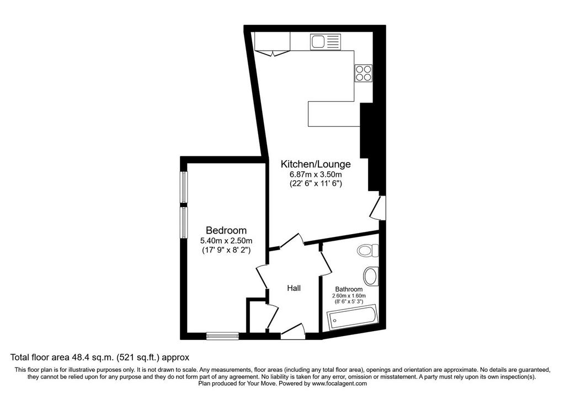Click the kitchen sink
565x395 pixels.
coord(326,42)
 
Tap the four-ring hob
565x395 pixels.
coord(363,73)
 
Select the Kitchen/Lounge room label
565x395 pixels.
coord(316,164)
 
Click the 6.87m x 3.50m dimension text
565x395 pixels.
coord(316,175)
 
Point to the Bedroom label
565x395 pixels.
coord(226,230)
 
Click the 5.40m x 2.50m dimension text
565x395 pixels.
coord(226,241)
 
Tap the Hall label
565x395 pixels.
coord(294,288)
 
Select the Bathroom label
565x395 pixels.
coord(349,289)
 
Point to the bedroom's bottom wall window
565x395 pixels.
coord(223,336)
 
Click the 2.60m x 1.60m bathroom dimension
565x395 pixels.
coord(349,296)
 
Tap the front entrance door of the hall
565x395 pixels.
coord(293,332)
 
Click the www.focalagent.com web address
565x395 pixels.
coord(339,383)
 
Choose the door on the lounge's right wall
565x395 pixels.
coord(379,208)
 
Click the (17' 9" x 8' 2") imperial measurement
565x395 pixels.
coord(226,250)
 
